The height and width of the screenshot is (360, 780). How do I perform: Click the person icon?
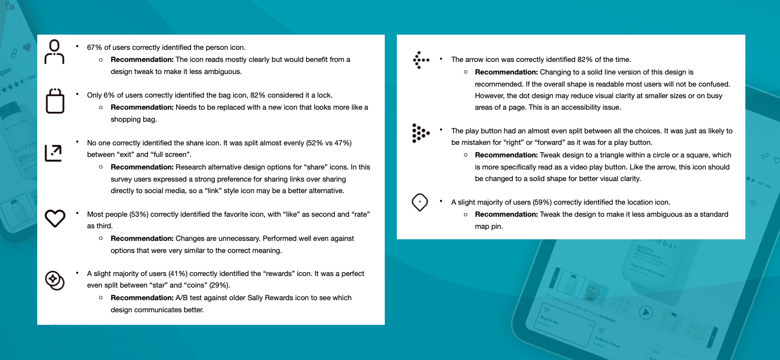pyautogui.click(x=55, y=51)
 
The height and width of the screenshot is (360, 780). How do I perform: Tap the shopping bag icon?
pyautogui.click(x=55, y=100)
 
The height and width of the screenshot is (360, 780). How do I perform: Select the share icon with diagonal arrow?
pyautogui.click(x=53, y=153)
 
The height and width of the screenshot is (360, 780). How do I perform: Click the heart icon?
pyautogui.click(x=55, y=218)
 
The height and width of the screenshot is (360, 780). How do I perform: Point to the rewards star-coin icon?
pyautogui.click(x=55, y=280)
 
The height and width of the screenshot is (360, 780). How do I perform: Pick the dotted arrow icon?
pyautogui.click(x=421, y=60)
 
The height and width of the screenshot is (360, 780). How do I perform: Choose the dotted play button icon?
pyautogui.click(x=420, y=133)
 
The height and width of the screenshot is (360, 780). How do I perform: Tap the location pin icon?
pyautogui.click(x=420, y=203)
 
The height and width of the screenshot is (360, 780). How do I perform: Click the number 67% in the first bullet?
pyautogui.click(x=94, y=47)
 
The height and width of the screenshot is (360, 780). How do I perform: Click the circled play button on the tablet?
pyautogui.click(x=645, y=313)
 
